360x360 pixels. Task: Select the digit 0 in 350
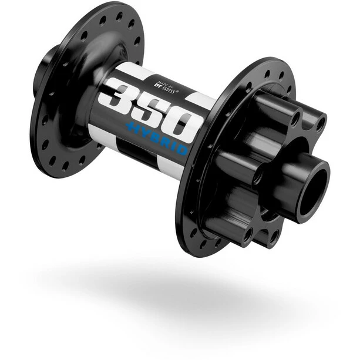click(x=187, y=122)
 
